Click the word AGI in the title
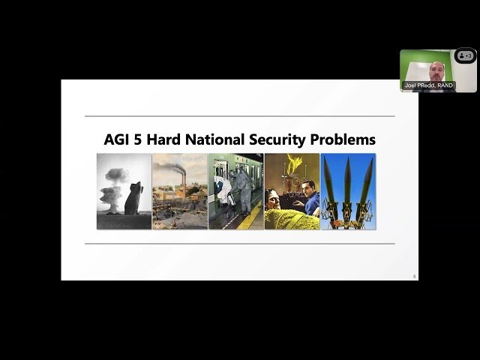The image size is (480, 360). point(118,139)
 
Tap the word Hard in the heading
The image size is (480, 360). point(167,139)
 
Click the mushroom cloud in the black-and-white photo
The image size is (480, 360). point(113,180)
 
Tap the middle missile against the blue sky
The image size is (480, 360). point(347,184)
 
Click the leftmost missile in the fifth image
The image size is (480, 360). point(330,184)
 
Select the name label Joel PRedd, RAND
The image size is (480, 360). point(428,85)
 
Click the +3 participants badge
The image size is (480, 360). point(466,55)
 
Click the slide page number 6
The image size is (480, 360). point(414,277)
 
